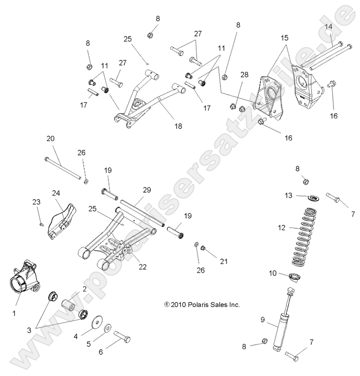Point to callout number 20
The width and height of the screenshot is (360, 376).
[x=51, y=138]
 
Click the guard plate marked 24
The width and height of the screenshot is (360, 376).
[x=62, y=222]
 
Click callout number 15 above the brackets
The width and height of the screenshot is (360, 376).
[x=284, y=37]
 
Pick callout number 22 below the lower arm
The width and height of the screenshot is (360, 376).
[x=142, y=267]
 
